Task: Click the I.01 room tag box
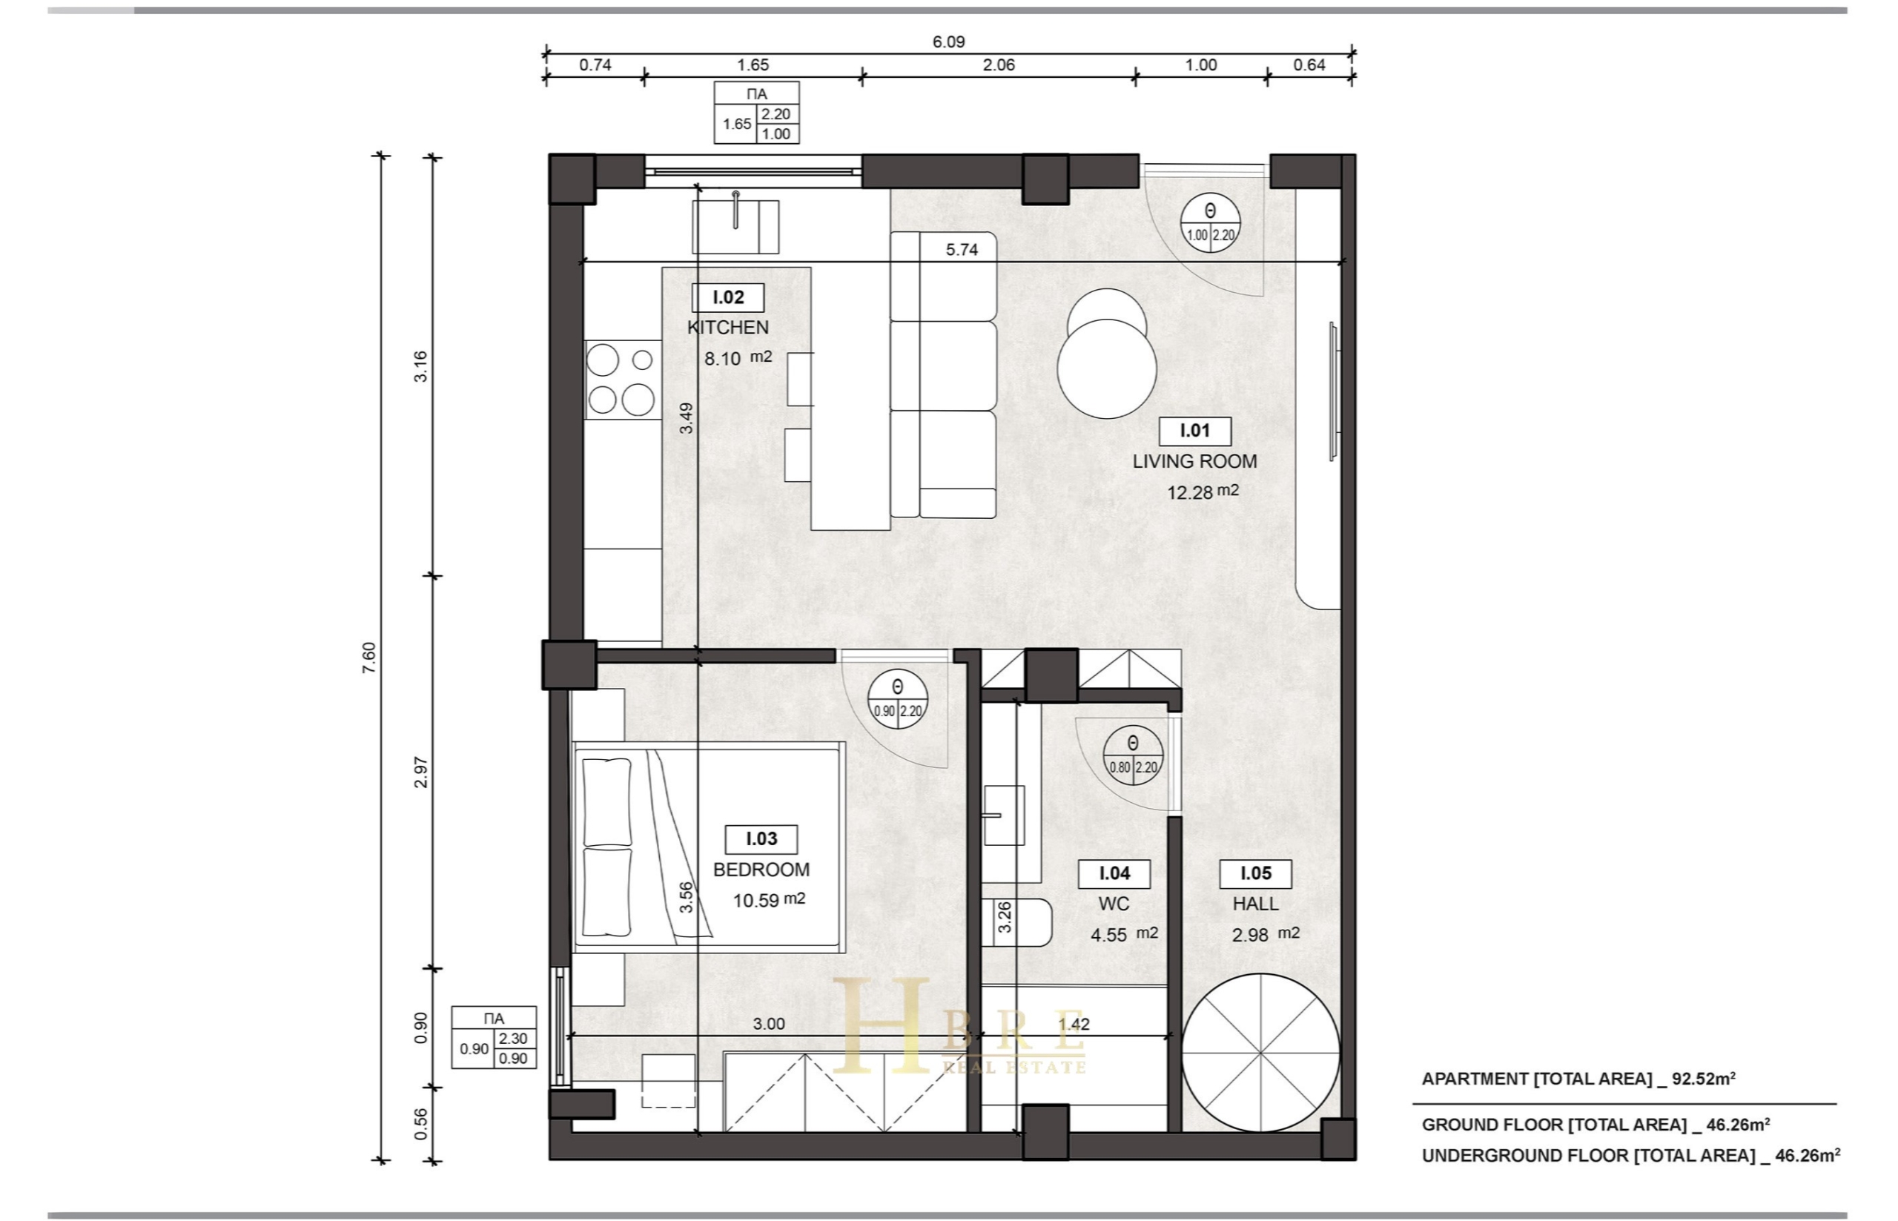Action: point(1194,431)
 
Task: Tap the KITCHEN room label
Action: point(728,328)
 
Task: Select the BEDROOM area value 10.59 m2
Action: point(768,900)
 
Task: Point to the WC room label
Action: point(1114,904)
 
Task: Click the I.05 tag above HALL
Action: point(1256,874)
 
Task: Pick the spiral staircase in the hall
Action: point(1260,1053)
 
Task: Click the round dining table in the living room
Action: point(1107,368)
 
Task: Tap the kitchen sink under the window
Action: point(735,226)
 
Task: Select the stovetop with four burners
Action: point(622,380)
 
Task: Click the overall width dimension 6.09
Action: point(948,42)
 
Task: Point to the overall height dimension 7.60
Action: point(368,658)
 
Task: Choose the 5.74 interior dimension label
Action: point(962,250)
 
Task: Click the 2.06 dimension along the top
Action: point(998,65)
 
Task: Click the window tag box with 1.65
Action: point(756,113)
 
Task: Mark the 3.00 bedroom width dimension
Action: point(768,1024)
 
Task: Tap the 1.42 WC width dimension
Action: point(1074,1024)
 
